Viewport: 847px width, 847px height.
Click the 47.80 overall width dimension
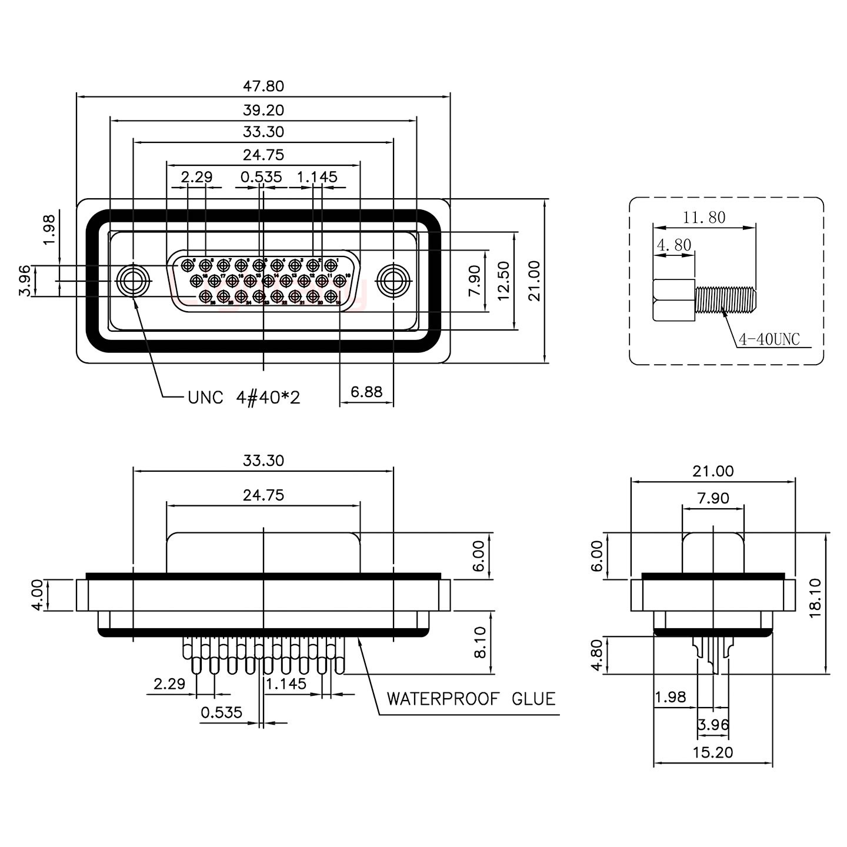click(263, 86)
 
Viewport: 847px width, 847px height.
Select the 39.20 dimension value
click(263, 110)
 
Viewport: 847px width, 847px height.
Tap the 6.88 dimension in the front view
click(366, 392)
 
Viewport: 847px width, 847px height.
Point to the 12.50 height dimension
click(503, 281)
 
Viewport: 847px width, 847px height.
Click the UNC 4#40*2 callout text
click(244, 398)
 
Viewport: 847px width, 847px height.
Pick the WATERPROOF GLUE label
click(471, 699)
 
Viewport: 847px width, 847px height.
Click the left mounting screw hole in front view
click(133, 281)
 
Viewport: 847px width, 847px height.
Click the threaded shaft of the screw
click(725, 299)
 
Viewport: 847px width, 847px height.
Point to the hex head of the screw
click(674, 300)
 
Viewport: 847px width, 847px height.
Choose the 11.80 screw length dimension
click(704, 218)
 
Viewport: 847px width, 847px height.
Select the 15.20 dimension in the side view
click(713, 752)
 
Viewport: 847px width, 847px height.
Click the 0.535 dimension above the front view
click(261, 177)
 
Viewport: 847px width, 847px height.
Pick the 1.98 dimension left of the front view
click(49, 229)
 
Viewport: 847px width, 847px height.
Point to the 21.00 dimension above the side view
click(713, 471)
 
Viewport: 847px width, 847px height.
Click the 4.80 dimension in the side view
click(596, 655)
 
